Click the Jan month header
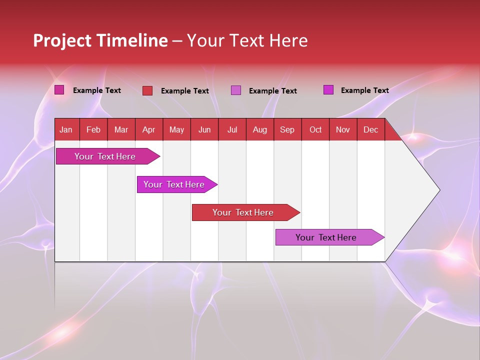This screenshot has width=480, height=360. click(x=66, y=129)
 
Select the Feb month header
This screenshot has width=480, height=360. click(x=93, y=129)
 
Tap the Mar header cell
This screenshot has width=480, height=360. click(x=121, y=129)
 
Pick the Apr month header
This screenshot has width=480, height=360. click(x=149, y=129)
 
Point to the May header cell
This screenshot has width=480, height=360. click(x=176, y=129)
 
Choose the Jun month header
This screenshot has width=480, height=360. click(x=204, y=129)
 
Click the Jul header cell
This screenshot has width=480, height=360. click(x=232, y=129)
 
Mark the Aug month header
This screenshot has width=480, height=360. click(x=260, y=129)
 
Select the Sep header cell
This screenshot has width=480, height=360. click(x=287, y=129)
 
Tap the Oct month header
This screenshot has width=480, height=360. click(x=315, y=129)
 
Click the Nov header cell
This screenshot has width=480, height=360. click(x=343, y=129)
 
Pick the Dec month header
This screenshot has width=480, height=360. click(x=371, y=129)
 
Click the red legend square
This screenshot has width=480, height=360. click(x=147, y=90)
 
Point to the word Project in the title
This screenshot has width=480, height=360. click(x=62, y=40)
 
